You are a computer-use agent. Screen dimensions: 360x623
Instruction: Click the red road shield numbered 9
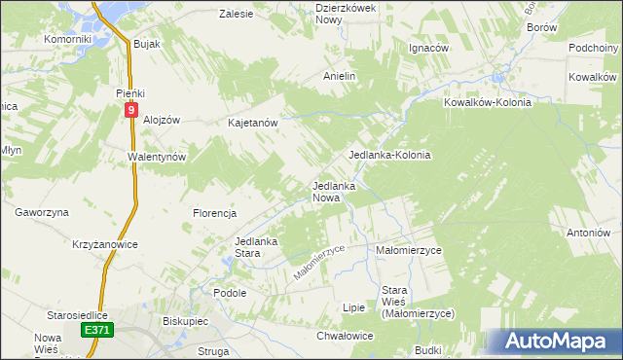pyautogui.click(x=130, y=112)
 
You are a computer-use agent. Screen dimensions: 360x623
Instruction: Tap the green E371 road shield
pyautogui.click(x=97, y=331)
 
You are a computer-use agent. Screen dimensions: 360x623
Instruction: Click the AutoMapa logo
pyautogui.click(x=554, y=342)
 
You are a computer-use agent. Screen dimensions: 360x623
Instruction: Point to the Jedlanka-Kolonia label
pyautogui.click(x=389, y=156)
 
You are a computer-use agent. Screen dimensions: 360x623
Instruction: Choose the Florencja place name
pyautogui.click(x=215, y=213)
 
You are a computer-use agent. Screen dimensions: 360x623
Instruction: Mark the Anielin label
pyautogui.click(x=341, y=76)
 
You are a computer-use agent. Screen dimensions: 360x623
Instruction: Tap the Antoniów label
pyautogui.click(x=588, y=234)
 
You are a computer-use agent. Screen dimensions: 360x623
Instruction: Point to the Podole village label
pyautogui.click(x=230, y=293)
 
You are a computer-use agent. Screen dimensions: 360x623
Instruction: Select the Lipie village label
pyautogui.click(x=353, y=307)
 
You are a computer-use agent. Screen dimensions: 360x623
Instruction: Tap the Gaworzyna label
pyautogui.click(x=41, y=212)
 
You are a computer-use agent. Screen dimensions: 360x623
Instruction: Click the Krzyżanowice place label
pyautogui.click(x=102, y=244)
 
